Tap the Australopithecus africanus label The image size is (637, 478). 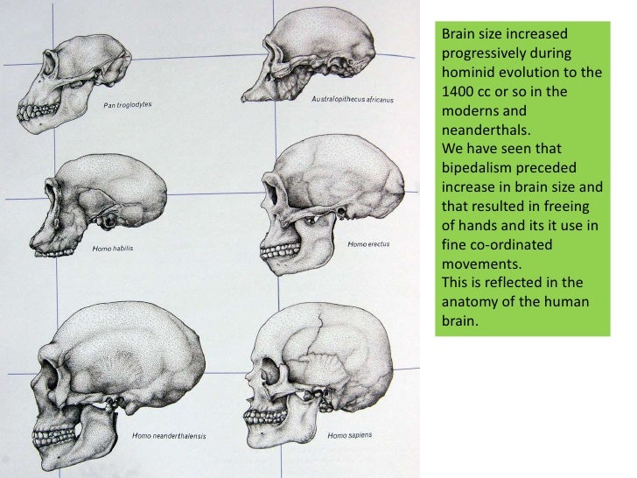pyautogui.click(x=352, y=100)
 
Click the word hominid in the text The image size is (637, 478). pyautogui.click(x=466, y=71)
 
